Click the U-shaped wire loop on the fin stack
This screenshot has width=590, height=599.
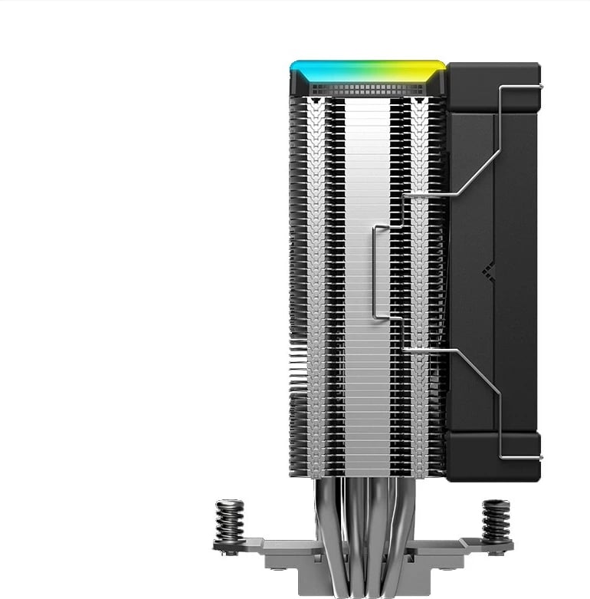click(378, 272)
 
